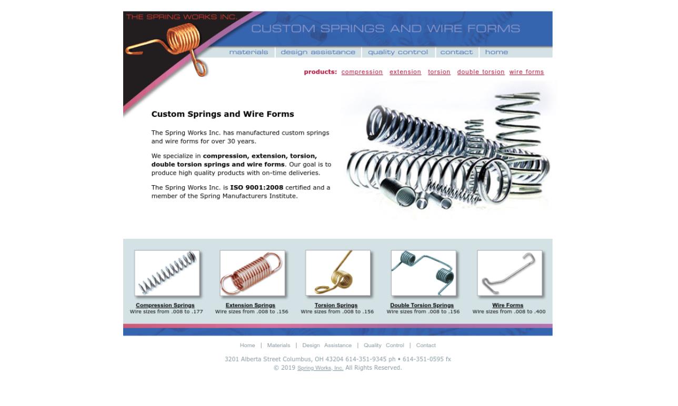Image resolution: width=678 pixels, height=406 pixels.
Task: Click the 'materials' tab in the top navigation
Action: coord(248,52)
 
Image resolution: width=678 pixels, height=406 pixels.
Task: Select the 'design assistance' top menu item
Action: coord(318,52)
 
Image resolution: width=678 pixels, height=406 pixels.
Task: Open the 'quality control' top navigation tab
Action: coord(398,52)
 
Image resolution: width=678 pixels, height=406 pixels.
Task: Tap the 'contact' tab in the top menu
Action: coord(456,52)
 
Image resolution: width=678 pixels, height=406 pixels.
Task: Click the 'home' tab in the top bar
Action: coord(496,52)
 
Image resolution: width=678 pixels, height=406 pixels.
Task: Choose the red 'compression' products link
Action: coord(362,72)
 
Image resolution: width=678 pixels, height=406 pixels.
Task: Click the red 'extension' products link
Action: coord(405,72)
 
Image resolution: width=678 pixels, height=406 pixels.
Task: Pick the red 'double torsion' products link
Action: coord(481,72)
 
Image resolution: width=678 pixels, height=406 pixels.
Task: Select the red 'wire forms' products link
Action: coord(526,72)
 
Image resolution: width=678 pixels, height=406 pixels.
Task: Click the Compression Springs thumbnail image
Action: coord(167,273)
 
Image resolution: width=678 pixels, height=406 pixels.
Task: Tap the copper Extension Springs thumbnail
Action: coord(252,273)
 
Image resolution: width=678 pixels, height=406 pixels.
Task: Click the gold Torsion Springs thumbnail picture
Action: coord(338,273)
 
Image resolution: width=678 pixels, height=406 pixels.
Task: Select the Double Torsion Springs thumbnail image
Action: coord(423,273)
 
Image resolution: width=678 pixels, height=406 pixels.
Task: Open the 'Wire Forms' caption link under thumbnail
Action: coord(507,306)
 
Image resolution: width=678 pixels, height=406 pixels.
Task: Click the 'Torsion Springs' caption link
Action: coord(336,306)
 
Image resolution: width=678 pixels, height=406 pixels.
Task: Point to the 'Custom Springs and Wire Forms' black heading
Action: coord(223,114)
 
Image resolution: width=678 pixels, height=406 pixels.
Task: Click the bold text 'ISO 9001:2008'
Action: coord(256,188)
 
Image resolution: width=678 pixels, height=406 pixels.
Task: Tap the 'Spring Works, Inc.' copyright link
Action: coord(320,368)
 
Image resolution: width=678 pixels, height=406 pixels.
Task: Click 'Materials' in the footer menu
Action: coord(278,346)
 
